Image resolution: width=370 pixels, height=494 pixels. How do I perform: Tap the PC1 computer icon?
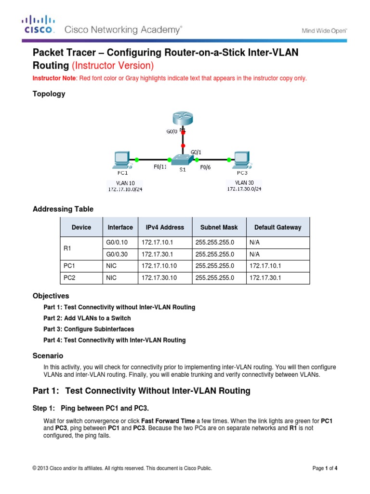(120, 160)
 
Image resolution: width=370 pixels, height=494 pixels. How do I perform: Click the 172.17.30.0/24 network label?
(245, 189)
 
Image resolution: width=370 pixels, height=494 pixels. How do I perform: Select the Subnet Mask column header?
(217, 227)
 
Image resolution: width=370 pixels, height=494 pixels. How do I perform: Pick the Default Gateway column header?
(277, 227)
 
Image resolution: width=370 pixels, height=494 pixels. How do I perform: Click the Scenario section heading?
(47, 356)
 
